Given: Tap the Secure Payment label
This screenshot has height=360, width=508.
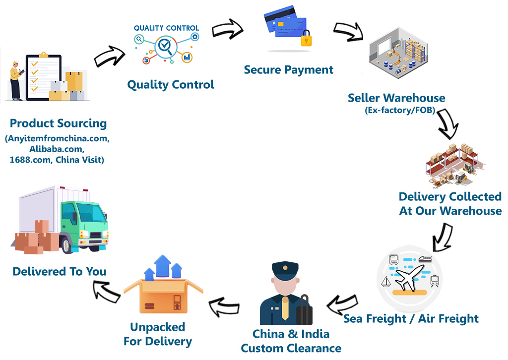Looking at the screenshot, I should coord(288,70).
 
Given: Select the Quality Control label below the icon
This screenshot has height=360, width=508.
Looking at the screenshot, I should coord(171,85).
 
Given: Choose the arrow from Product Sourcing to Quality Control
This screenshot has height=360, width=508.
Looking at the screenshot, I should coord(109,56).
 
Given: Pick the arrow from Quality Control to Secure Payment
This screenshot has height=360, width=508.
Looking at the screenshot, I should coord(228,30).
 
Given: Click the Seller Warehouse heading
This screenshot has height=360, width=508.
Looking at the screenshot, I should coord(396,98).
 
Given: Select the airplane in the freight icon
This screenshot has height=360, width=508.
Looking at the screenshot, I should coord(410,277).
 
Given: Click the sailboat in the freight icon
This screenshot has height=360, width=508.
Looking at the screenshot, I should coord(386,283).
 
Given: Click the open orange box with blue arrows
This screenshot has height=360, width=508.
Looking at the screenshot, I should coord(164,293).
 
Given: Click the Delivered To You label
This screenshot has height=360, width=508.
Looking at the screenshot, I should coord(60,272).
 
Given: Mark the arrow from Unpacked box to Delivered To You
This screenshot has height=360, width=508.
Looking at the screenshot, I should coord(107,291).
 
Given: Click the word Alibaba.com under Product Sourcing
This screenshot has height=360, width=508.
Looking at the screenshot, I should coord(57,149).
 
